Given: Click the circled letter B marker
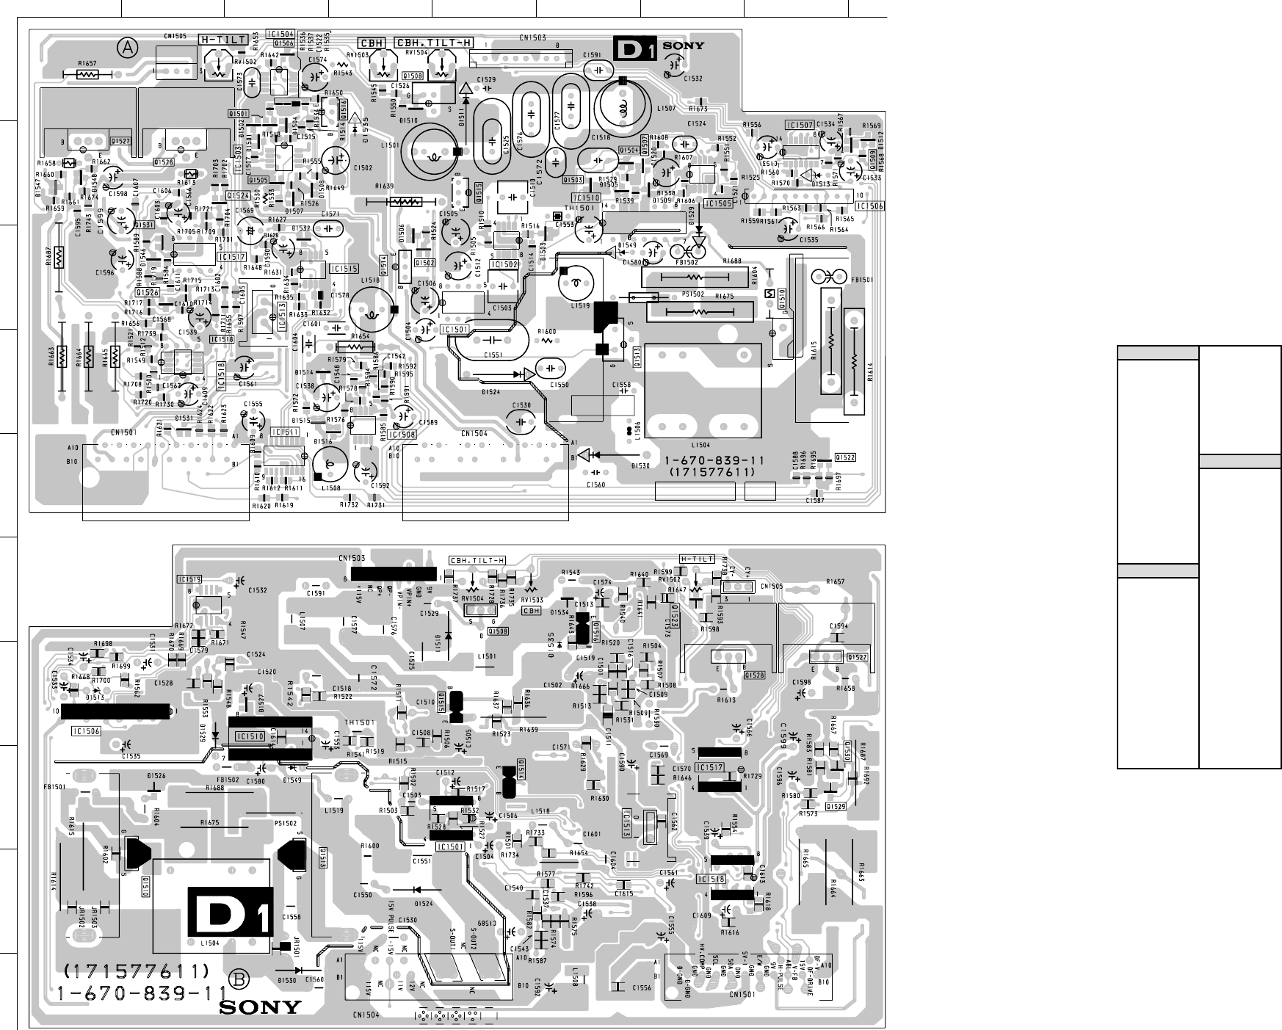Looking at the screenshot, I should pos(239,979).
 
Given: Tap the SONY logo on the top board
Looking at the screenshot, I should pos(684,46).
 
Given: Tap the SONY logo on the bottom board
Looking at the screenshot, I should pos(261,1007).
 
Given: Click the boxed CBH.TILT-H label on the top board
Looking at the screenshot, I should pos(434,43).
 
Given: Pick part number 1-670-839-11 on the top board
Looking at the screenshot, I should pos(714,460).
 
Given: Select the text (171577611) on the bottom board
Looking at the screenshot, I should pos(137,971).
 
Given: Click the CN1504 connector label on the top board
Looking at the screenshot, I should pos(474,433).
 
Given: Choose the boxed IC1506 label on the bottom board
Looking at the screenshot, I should pos(86,731).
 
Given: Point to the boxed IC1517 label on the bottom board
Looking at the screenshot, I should pos(710,767).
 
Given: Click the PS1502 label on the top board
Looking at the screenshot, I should pos(692,294).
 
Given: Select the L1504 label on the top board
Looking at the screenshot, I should pos(700,446).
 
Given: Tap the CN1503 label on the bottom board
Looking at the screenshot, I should pos(353,558).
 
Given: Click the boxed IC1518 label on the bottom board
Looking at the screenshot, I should pos(711,879).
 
